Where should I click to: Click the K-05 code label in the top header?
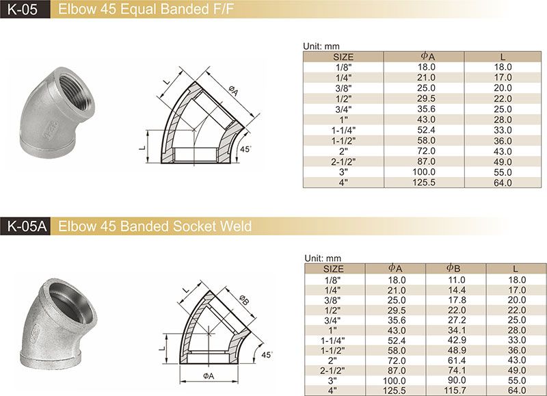click(22, 10)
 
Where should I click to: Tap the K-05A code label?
click(27, 226)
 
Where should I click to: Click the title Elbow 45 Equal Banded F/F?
click(146, 10)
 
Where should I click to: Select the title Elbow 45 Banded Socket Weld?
click(155, 226)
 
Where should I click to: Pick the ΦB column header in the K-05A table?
click(453, 268)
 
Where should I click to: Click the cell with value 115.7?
click(455, 391)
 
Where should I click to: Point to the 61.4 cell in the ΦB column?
click(456, 360)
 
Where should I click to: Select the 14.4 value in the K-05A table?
click(456, 290)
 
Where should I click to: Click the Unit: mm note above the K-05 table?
click(321, 46)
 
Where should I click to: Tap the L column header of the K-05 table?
click(503, 57)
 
